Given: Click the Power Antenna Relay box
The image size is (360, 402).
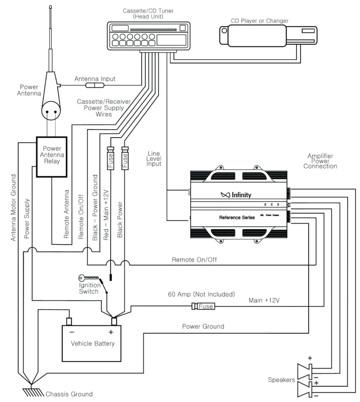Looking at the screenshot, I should [52, 156].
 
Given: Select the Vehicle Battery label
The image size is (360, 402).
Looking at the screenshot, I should [93, 343].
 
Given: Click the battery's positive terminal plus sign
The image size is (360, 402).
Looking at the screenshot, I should [110, 332].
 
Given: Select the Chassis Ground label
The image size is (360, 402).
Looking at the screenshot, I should [69, 394].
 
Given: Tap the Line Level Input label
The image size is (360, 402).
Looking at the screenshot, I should [154, 158].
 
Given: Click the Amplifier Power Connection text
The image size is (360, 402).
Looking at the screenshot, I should [320, 161].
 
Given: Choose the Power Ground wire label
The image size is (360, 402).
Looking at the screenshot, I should [203, 326].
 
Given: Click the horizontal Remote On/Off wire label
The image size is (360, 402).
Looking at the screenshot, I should [194, 260].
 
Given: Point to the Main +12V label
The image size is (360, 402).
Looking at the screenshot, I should [264, 300].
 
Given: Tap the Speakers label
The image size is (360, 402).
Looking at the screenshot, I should [281, 380].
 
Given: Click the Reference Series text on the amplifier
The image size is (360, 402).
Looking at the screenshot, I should [237, 217].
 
